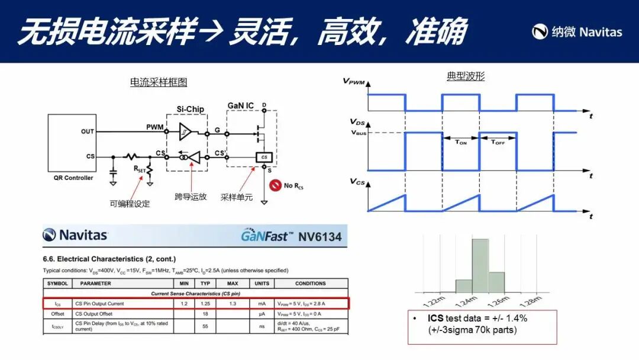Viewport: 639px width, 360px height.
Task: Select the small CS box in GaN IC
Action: [x=264, y=157]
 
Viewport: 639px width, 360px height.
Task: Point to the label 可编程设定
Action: [x=130, y=204]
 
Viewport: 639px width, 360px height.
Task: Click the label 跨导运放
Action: [x=191, y=197]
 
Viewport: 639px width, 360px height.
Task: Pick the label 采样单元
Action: [x=237, y=197]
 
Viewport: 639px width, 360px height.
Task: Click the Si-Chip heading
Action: [x=191, y=109]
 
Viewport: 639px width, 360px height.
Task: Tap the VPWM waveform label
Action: [x=354, y=81]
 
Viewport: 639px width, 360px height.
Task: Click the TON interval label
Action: [x=461, y=142]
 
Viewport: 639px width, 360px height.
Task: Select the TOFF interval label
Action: [x=498, y=142]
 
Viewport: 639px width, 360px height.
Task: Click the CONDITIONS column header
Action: [x=310, y=284]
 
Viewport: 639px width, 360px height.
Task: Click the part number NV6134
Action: [x=320, y=236]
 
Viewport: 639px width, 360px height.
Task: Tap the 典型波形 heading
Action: [x=465, y=77]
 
